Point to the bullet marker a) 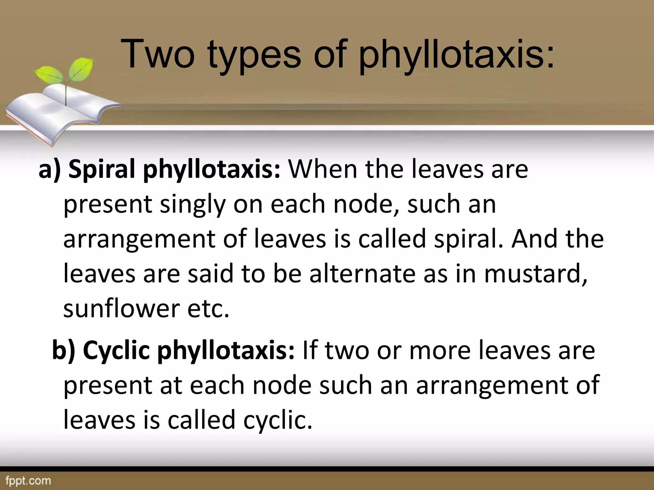tap(49, 169)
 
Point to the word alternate tap(362, 274)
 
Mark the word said tap(210, 274)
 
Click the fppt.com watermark tap(26, 480)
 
